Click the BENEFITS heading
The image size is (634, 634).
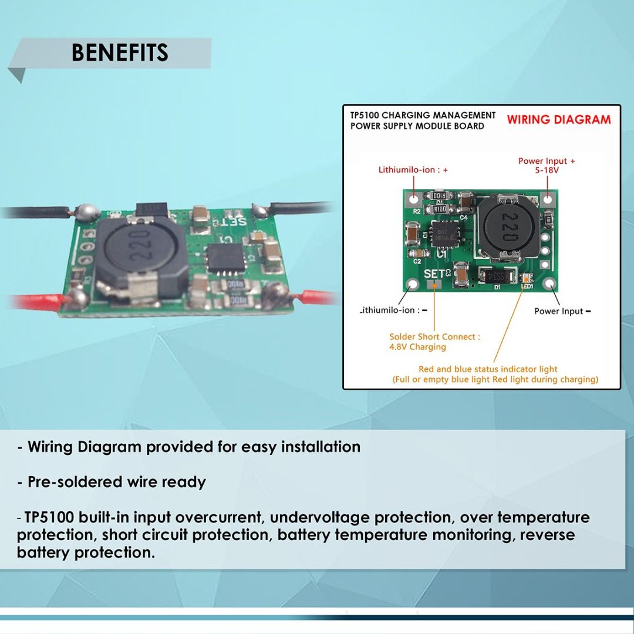(120, 53)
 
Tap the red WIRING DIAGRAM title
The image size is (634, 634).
(558, 120)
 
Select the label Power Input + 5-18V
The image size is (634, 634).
(546, 166)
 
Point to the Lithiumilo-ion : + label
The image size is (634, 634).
(413, 170)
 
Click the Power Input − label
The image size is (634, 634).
(562, 311)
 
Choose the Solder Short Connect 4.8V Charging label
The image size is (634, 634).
(434, 342)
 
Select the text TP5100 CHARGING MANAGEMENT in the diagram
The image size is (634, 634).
(423, 115)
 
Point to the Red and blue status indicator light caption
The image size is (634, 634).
(488, 369)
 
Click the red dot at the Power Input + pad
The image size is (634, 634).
(547, 198)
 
